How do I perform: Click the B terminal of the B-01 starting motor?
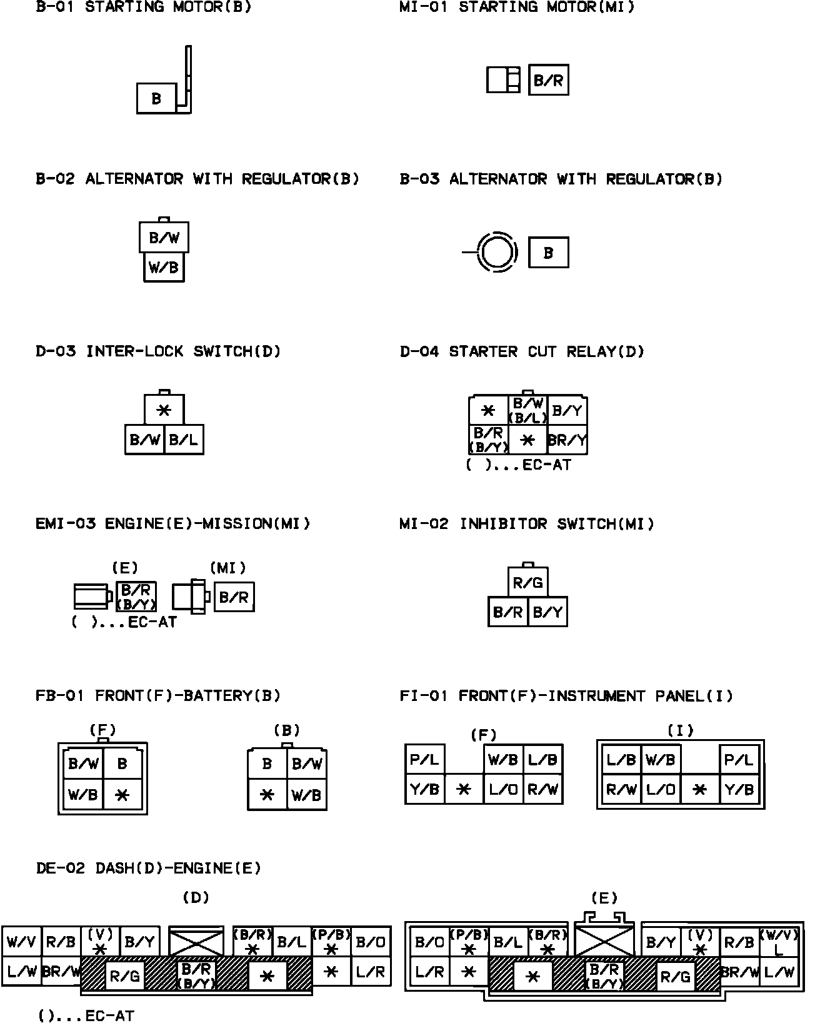pyautogui.click(x=156, y=98)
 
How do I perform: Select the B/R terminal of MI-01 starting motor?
pyautogui.click(x=548, y=80)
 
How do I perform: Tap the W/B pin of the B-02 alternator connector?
pyautogui.click(x=164, y=267)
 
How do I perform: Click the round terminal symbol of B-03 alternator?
pyautogui.click(x=497, y=253)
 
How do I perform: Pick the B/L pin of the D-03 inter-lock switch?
pyautogui.click(x=183, y=440)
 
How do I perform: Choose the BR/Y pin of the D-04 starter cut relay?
pyautogui.click(x=567, y=440)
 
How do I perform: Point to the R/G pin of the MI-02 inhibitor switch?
pyautogui.click(x=527, y=583)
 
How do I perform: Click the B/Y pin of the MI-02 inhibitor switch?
pyautogui.click(x=547, y=612)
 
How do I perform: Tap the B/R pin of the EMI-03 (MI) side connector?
pyautogui.click(x=234, y=597)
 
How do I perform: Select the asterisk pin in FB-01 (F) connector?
pyautogui.click(x=122, y=795)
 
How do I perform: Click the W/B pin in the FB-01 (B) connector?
pyautogui.click(x=306, y=795)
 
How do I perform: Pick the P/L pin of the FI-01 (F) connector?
pyautogui.click(x=425, y=760)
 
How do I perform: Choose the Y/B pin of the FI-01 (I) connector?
pyautogui.click(x=739, y=789)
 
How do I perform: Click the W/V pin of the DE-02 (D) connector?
pyautogui.click(x=22, y=942)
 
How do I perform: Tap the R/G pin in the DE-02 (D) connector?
pyautogui.click(x=124, y=975)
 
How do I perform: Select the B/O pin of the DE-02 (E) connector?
pyautogui.click(x=429, y=942)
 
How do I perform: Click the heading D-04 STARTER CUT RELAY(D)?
pyautogui.click(x=522, y=351)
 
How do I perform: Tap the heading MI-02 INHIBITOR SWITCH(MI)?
pyautogui.click(x=527, y=523)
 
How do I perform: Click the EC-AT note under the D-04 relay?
pyautogui.click(x=519, y=465)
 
